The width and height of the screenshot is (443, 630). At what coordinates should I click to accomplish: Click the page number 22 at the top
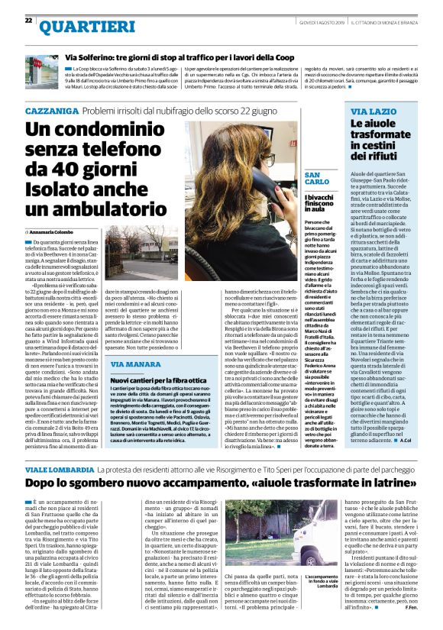(x=28, y=20)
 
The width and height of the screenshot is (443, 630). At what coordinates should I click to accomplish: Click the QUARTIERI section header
(x=80, y=27)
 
